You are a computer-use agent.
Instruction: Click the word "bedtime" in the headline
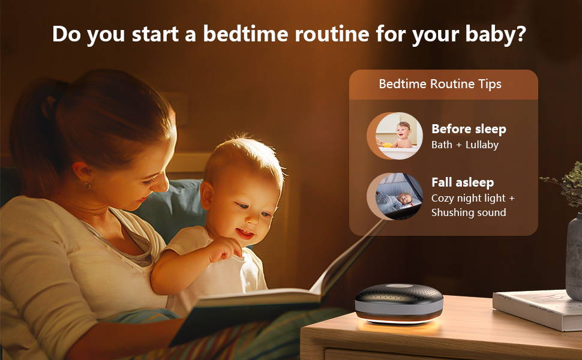coord(245,34)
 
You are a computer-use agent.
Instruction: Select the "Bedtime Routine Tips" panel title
coord(440,84)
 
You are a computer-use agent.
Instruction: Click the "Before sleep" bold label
coord(469,129)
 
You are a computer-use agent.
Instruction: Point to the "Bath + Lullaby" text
coord(465,145)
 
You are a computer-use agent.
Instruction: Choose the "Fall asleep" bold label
coord(463,182)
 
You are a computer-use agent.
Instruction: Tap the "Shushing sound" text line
coord(469,212)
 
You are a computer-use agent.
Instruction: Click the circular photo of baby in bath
coord(398,136)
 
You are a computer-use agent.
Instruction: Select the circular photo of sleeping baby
coord(398,196)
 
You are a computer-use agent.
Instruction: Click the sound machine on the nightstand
coord(399,303)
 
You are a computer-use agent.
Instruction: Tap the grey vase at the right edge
coord(574,256)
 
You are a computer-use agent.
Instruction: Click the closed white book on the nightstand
coord(537,309)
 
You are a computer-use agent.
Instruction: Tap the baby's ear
coord(207,195)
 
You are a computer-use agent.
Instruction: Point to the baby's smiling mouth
coord(245,233)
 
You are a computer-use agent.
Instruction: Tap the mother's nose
coord(163,184)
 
